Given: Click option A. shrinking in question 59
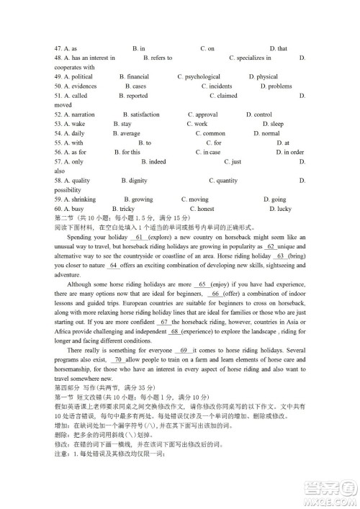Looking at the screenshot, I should click(x=73, y=199).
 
